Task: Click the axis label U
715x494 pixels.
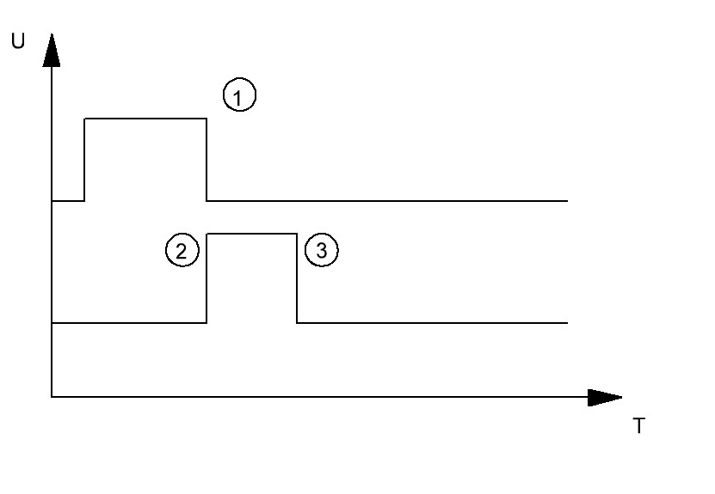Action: click(x=18, y=41)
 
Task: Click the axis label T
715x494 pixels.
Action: click(x=639, y=426)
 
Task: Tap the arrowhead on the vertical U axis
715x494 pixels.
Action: click(x=52, y=50)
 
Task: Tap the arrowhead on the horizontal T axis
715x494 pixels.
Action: click(x=605, y=398)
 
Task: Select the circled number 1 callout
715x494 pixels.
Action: click(x=239, y=95)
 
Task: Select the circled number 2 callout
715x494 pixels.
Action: click(x=182, y=250)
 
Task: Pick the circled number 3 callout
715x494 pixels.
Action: click(x=322, y=250)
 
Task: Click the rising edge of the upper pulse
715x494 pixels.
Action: click(x=84, y=159)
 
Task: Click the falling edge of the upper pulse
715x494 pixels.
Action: click(x=206, y=159)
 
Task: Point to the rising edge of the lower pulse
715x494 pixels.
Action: click(x=206, y=278)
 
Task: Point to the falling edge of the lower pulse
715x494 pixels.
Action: click(x=297, y=278)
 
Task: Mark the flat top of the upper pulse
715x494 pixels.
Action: click(x=145, y=119)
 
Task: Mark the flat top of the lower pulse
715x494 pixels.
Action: click(x=252, y=234)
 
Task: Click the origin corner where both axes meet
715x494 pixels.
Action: click(x=52, y=397)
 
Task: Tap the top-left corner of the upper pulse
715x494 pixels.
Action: click(x=84, y=119)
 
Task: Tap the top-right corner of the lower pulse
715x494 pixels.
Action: click(x=297, y=234)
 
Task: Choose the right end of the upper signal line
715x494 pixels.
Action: click(x=567, y=201)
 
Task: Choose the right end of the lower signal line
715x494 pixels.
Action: click(x=567, y=323)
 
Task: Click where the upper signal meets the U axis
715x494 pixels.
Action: click(x=52, y=201)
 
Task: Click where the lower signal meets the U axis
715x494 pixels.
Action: click(x=52, y=323)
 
